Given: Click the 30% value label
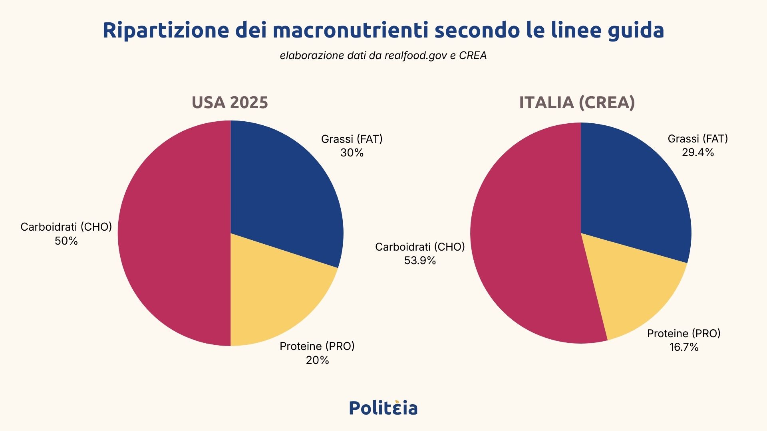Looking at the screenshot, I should (352, 153).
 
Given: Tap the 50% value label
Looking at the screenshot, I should (66, 241).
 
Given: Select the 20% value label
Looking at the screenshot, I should (318, 360).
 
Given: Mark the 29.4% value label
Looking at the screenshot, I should (698, 152).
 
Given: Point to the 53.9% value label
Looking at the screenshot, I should (420, 261).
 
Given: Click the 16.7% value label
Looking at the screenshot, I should (684, 347).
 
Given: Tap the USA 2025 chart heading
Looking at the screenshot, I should (230, 103).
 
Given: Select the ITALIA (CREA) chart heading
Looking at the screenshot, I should (577, 103).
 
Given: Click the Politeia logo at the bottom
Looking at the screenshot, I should (383, 408).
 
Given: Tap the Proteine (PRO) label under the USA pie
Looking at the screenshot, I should (317, 346).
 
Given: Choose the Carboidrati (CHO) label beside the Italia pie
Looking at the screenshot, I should (420, 247).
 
